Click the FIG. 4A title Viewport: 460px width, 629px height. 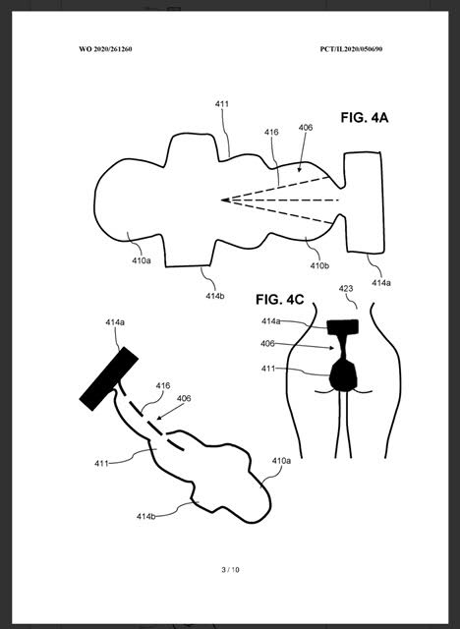click(365, 118)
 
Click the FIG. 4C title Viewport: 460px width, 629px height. click(280, 299)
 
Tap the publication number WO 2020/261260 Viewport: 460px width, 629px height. click(105, 49)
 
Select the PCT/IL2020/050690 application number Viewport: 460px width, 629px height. click(351, 49)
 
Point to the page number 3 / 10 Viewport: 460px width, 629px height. click(230, 570)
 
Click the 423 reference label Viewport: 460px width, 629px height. click(346, 288)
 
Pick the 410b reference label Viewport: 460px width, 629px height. click(319, 265)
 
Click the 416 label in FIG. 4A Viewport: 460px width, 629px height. click(271, 132)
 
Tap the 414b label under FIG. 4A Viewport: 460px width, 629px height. click(215, 296)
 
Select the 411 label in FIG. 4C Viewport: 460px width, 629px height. click(268, 369)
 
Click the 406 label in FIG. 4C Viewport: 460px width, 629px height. click(267, 343)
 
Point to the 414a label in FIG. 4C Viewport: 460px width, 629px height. click(271, 321)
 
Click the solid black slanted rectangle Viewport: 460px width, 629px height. click(109, 378)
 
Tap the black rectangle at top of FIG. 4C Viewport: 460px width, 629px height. click(342, 327)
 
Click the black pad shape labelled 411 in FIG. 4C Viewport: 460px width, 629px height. click(343, 375)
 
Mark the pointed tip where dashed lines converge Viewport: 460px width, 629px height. click(222, 200)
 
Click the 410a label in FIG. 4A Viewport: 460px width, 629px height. click(142, 260)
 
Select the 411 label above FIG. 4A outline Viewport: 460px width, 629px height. click(222, 104)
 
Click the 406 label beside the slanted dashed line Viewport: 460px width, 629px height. click(184, 398)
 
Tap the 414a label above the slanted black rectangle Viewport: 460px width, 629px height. click(115, 322)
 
